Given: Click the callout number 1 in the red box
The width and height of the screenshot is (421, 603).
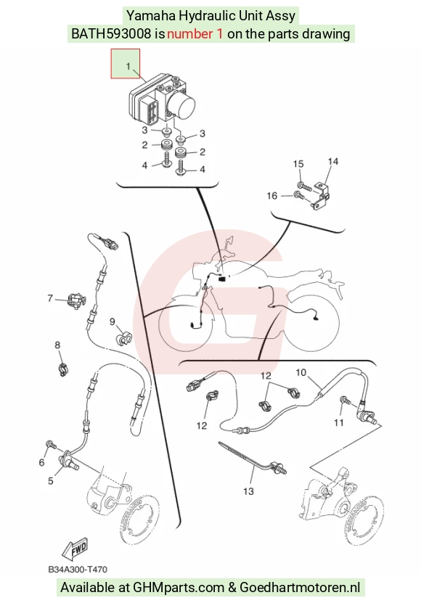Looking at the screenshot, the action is tap(128, 66).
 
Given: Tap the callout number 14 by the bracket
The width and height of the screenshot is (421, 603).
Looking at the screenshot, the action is tap(333, 162).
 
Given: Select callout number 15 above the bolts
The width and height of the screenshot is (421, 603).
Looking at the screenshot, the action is tap(298, 164).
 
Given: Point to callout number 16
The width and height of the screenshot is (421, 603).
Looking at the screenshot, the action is tap(271, 196).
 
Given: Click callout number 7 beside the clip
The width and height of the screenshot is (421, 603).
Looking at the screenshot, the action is tap(50, 298).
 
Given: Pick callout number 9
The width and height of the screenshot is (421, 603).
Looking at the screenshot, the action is tap(113, 321).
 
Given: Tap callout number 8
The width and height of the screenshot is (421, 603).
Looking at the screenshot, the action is tap(57, 345).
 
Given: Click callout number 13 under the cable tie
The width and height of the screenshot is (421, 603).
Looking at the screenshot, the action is tap(248, 491).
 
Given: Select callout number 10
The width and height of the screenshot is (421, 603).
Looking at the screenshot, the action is tap(301, 372).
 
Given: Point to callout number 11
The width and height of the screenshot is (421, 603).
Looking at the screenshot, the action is tap(339, 422).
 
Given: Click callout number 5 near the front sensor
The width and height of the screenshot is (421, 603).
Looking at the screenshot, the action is tap(50, 480).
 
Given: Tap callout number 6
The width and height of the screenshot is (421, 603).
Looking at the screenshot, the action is tap(41, 462).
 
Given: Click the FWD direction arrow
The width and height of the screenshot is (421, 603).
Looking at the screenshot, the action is tap(75, 548).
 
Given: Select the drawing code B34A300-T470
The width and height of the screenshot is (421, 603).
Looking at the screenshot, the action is tap(78, 569).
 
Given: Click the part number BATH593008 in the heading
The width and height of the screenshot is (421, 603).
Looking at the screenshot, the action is tap(111, 34).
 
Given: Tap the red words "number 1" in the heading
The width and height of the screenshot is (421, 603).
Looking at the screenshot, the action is tap(195, 34).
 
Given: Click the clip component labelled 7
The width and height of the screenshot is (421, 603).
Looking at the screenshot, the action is tap(75, 300).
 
